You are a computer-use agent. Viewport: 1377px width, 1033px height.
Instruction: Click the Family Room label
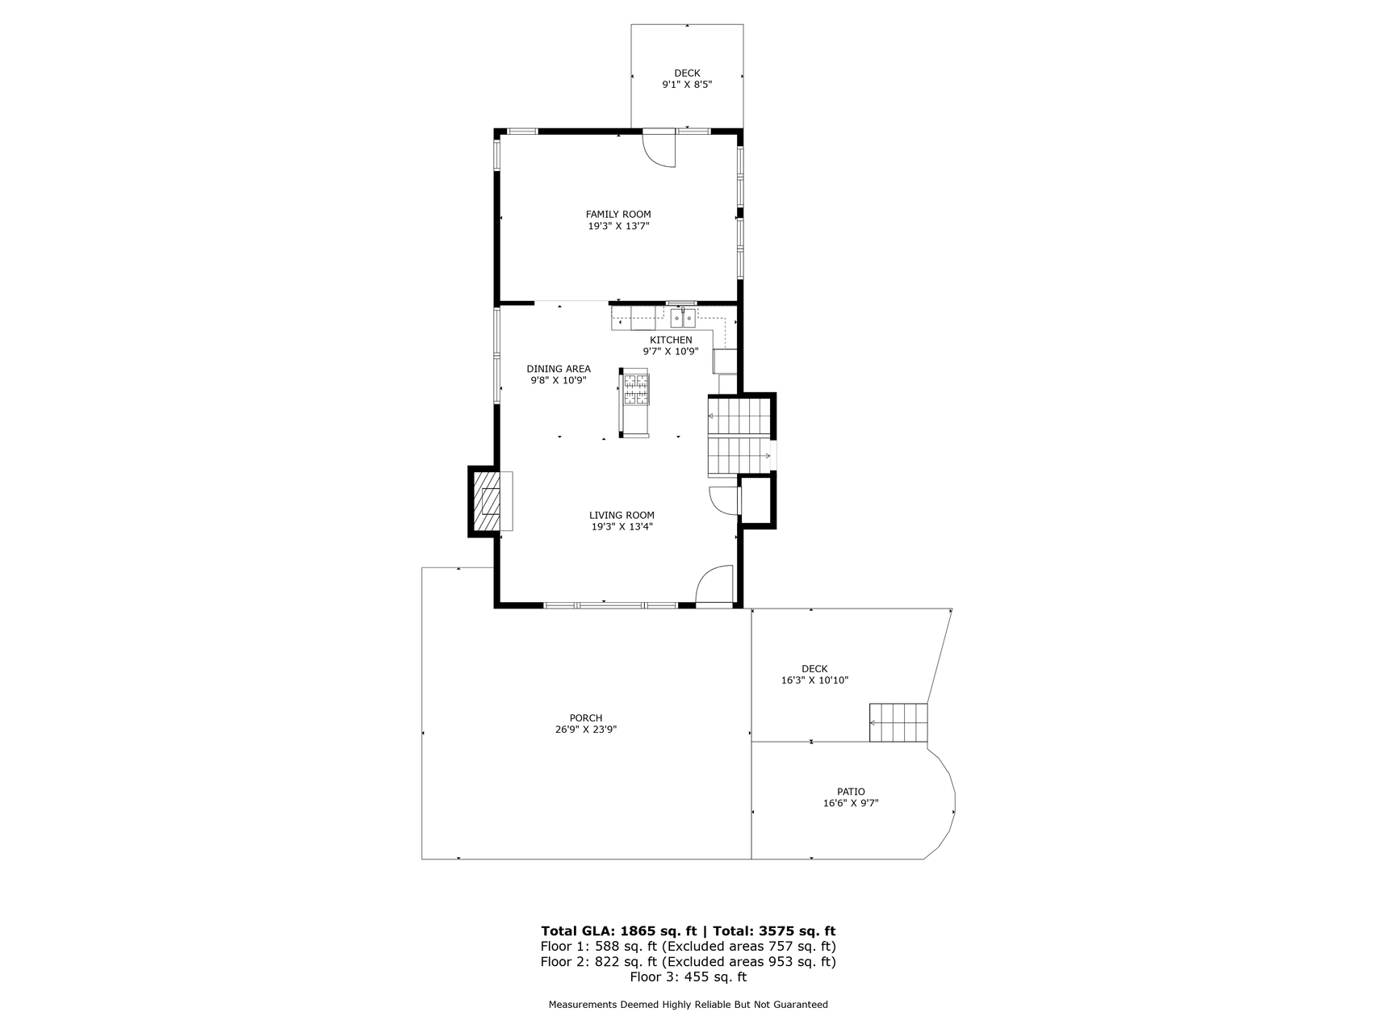pos(618,215)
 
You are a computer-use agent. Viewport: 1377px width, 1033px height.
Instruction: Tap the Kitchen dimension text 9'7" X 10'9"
pos(671,352)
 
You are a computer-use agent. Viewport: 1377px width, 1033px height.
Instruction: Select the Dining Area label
pos(559,369)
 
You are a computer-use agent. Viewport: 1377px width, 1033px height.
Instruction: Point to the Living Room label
pos(622,515)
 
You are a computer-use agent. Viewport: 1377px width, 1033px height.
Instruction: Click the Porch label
pos(586,718)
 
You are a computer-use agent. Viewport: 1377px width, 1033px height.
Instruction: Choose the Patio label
pos(851,792)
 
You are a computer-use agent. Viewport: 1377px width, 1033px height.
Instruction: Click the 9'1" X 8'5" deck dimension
pos(687,84)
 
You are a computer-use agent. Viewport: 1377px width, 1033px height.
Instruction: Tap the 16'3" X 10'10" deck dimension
pos(814,680)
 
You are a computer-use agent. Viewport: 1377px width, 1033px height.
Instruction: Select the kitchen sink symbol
pos(682,316)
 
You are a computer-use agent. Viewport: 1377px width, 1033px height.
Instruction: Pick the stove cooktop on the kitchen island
pos(635,387)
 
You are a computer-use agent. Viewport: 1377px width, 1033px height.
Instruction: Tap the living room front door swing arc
pos(714,584)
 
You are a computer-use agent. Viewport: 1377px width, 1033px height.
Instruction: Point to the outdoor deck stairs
pos(898,722)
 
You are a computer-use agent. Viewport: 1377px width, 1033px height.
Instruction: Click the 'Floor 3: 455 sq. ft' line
pos(688,977)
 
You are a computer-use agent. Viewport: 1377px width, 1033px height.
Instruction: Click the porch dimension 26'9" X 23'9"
pos(586,730)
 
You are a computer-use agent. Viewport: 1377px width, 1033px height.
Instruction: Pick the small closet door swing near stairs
pos(724,500)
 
